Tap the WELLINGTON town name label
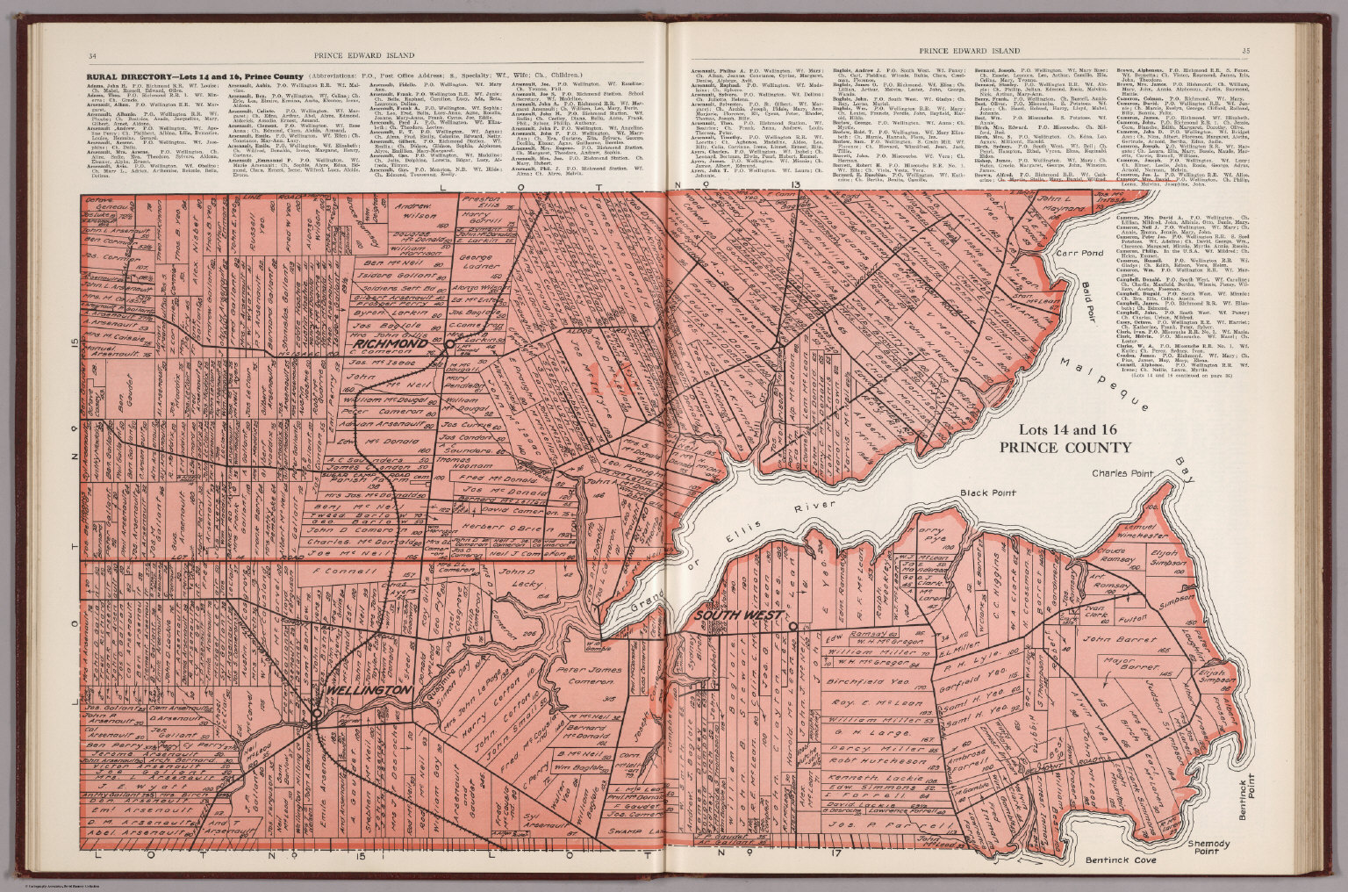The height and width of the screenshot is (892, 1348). point(369,692)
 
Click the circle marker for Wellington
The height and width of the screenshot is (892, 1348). point(316,715)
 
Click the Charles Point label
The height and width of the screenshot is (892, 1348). point(1120,473)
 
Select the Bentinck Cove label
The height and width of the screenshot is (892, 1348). point(1121,861)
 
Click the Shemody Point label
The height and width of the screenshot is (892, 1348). point(1215,848)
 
